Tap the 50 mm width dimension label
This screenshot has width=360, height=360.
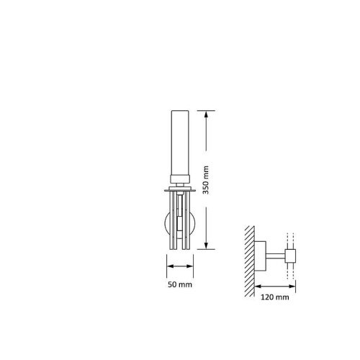point(180,285)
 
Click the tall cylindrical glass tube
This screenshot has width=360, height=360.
point(180,144)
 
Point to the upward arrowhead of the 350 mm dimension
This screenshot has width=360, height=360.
point(207,113)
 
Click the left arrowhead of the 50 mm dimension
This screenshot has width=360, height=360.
point(169,266)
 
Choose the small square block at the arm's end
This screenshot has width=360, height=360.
point(291,255)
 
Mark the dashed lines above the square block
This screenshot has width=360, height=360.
point(291,240)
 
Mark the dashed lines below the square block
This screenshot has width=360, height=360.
point(291,271)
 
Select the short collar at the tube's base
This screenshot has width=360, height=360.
point(180,181)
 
